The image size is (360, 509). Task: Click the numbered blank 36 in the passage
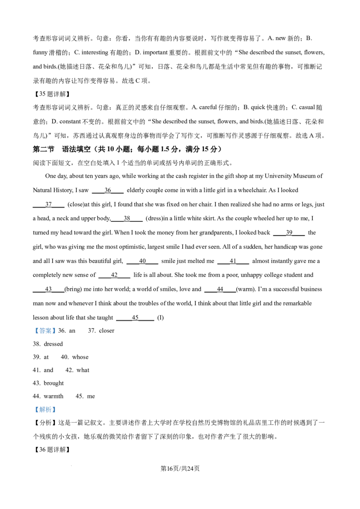click(108, 191)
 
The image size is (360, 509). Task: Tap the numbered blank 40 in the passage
click(142, 261)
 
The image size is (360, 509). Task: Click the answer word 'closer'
click(107, 331)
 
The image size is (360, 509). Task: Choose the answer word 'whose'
click(80, 357)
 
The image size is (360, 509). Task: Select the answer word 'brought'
click(54, 384)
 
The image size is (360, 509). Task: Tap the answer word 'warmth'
click(54, 396)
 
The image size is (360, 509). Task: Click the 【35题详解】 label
click(52, 94)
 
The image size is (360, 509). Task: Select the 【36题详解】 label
click(52, 450)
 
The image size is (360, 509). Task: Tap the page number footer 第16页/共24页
click(180, 469)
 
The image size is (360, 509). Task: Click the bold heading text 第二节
click(44, 149)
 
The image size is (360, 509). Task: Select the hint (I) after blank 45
click(161, 318)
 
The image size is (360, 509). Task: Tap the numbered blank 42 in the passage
click(114, 275)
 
